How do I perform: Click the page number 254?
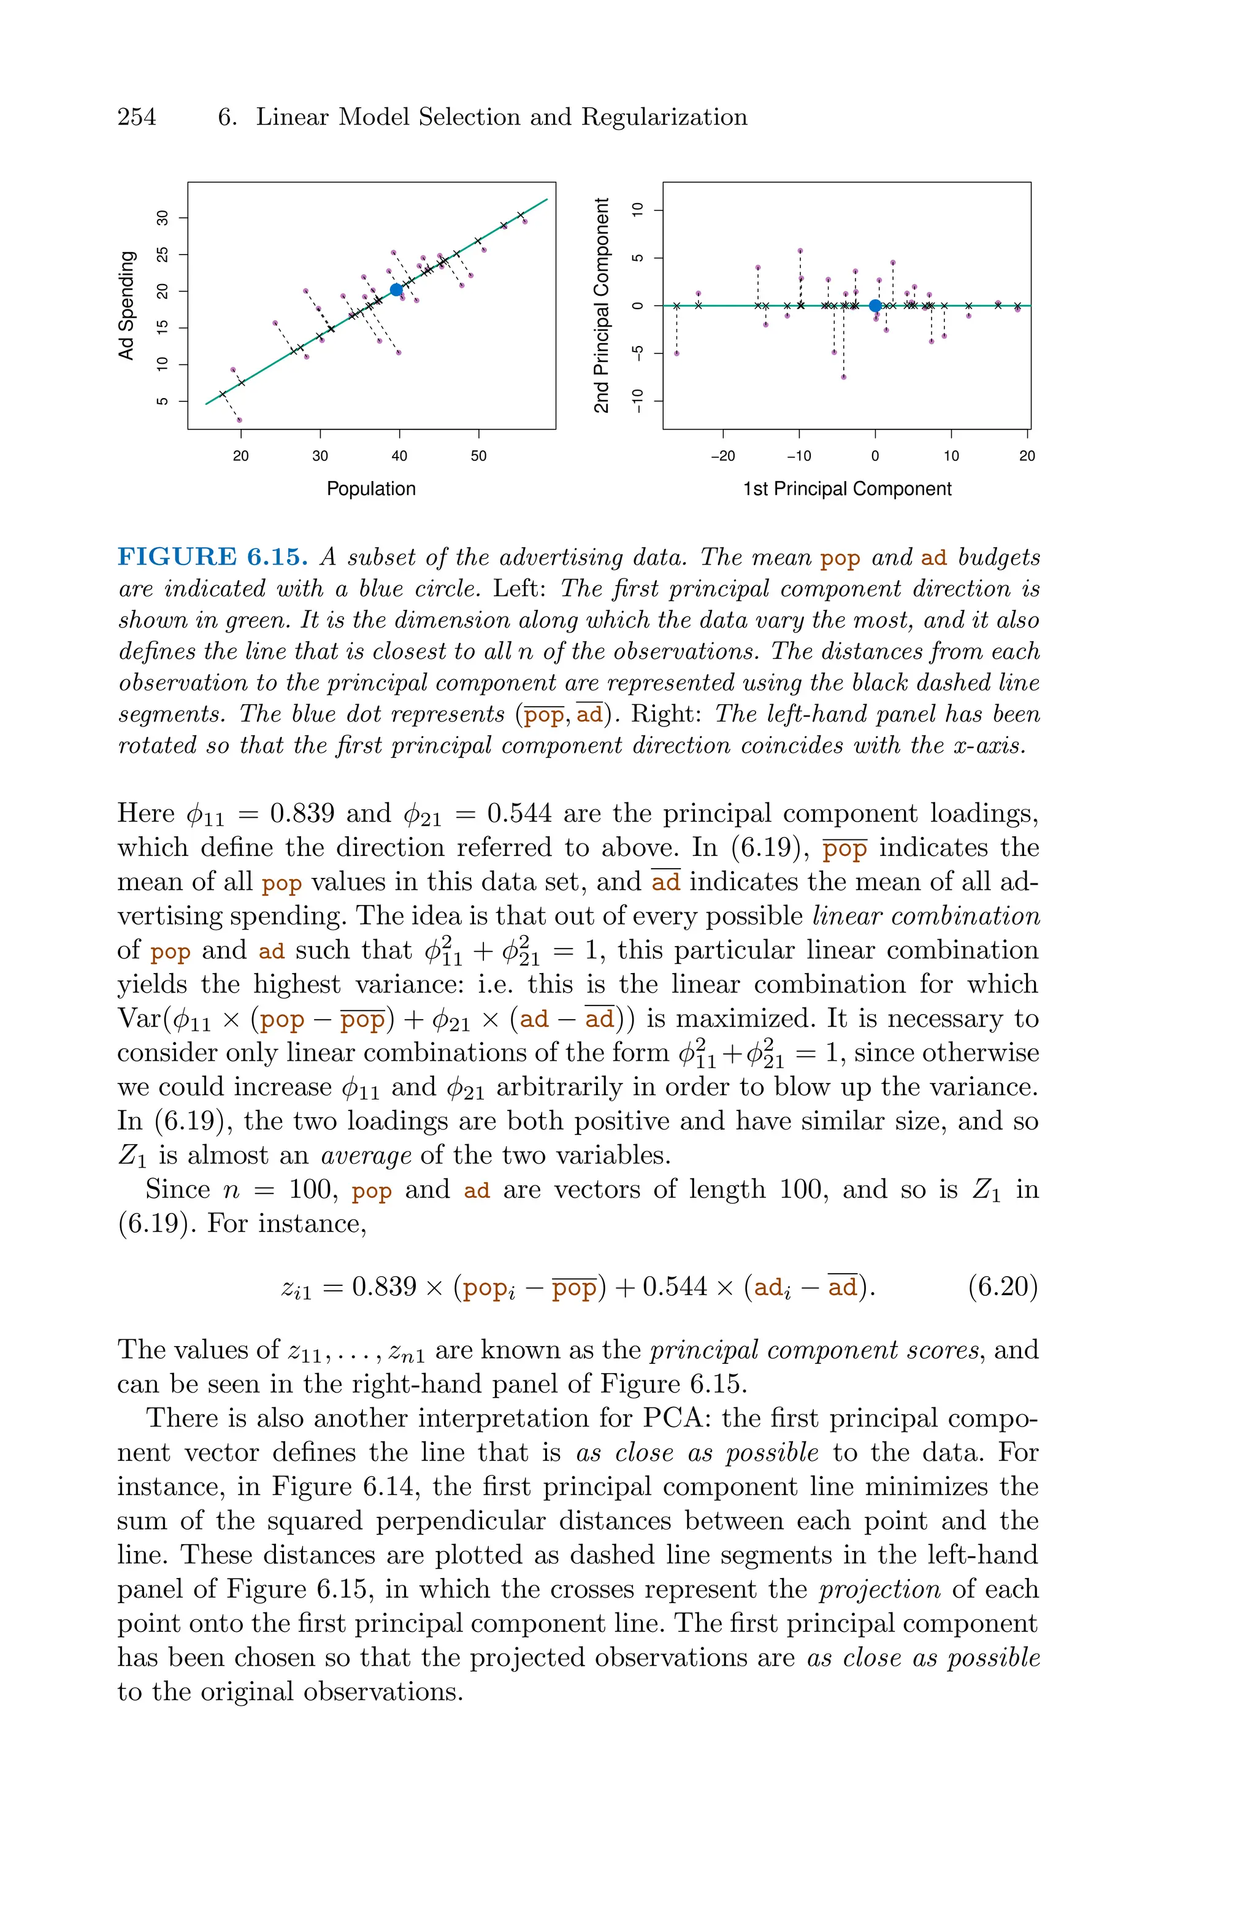[137, 117]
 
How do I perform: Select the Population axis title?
[371, 488]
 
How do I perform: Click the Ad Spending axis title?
[126, 305]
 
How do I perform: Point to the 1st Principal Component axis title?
[848, 488]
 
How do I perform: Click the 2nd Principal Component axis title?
[602, 305]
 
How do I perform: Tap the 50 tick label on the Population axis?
[478, 456]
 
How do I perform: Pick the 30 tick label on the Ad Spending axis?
[163, 218]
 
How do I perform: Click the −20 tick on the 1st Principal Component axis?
[722, 456]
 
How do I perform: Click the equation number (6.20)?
[1002, 1287]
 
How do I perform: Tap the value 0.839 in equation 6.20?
[385, 1287]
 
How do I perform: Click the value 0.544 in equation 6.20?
[675, 1287]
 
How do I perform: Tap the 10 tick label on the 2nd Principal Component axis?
[638, 210]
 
